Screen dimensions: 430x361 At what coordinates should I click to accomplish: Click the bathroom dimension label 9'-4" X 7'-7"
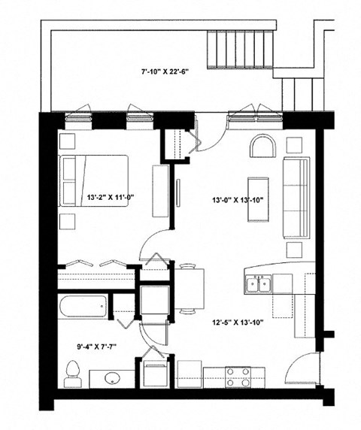(x=84, y=348)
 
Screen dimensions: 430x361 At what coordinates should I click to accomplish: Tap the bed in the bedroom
(x=98, y=181)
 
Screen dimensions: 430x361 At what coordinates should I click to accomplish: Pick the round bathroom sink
(x=114, y=377)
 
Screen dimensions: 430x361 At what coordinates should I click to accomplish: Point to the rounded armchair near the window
(x=263, y=146)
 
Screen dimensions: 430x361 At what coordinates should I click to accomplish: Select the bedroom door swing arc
(x=156, y=245)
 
